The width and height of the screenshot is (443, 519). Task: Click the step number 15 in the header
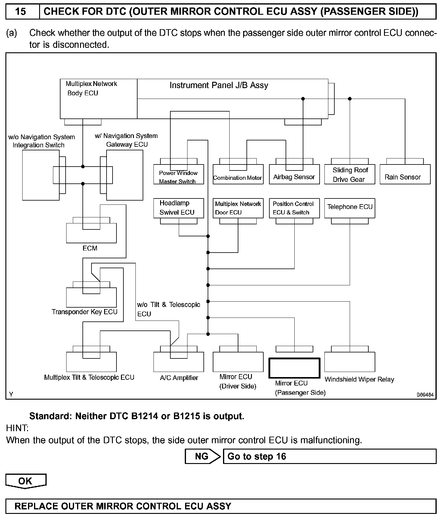coord(20,12)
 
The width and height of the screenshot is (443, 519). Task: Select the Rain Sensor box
coord(405,174)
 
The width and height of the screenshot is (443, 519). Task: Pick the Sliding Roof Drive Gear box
coord(350,174)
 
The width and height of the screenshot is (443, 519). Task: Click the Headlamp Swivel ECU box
coord(178,208)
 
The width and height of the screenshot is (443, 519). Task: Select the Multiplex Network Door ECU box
coord(238,208)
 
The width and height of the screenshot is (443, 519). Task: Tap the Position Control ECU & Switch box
coord(294,208)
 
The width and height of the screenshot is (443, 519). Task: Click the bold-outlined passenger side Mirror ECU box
coord(294,368)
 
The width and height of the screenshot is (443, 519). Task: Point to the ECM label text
coord(90,248)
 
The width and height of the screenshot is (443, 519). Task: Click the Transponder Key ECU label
coord(84,312)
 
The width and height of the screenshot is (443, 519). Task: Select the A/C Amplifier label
coord(179,378)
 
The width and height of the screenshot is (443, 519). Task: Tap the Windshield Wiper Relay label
coord(359,379)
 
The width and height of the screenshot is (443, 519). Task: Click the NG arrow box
coord(202,456)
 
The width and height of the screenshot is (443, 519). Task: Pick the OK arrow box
coord(26,481)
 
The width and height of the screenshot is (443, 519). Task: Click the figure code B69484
coord(425,395)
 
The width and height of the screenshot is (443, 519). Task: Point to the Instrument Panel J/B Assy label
coord(219,85)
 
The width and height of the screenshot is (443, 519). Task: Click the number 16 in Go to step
coord(281,456)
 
